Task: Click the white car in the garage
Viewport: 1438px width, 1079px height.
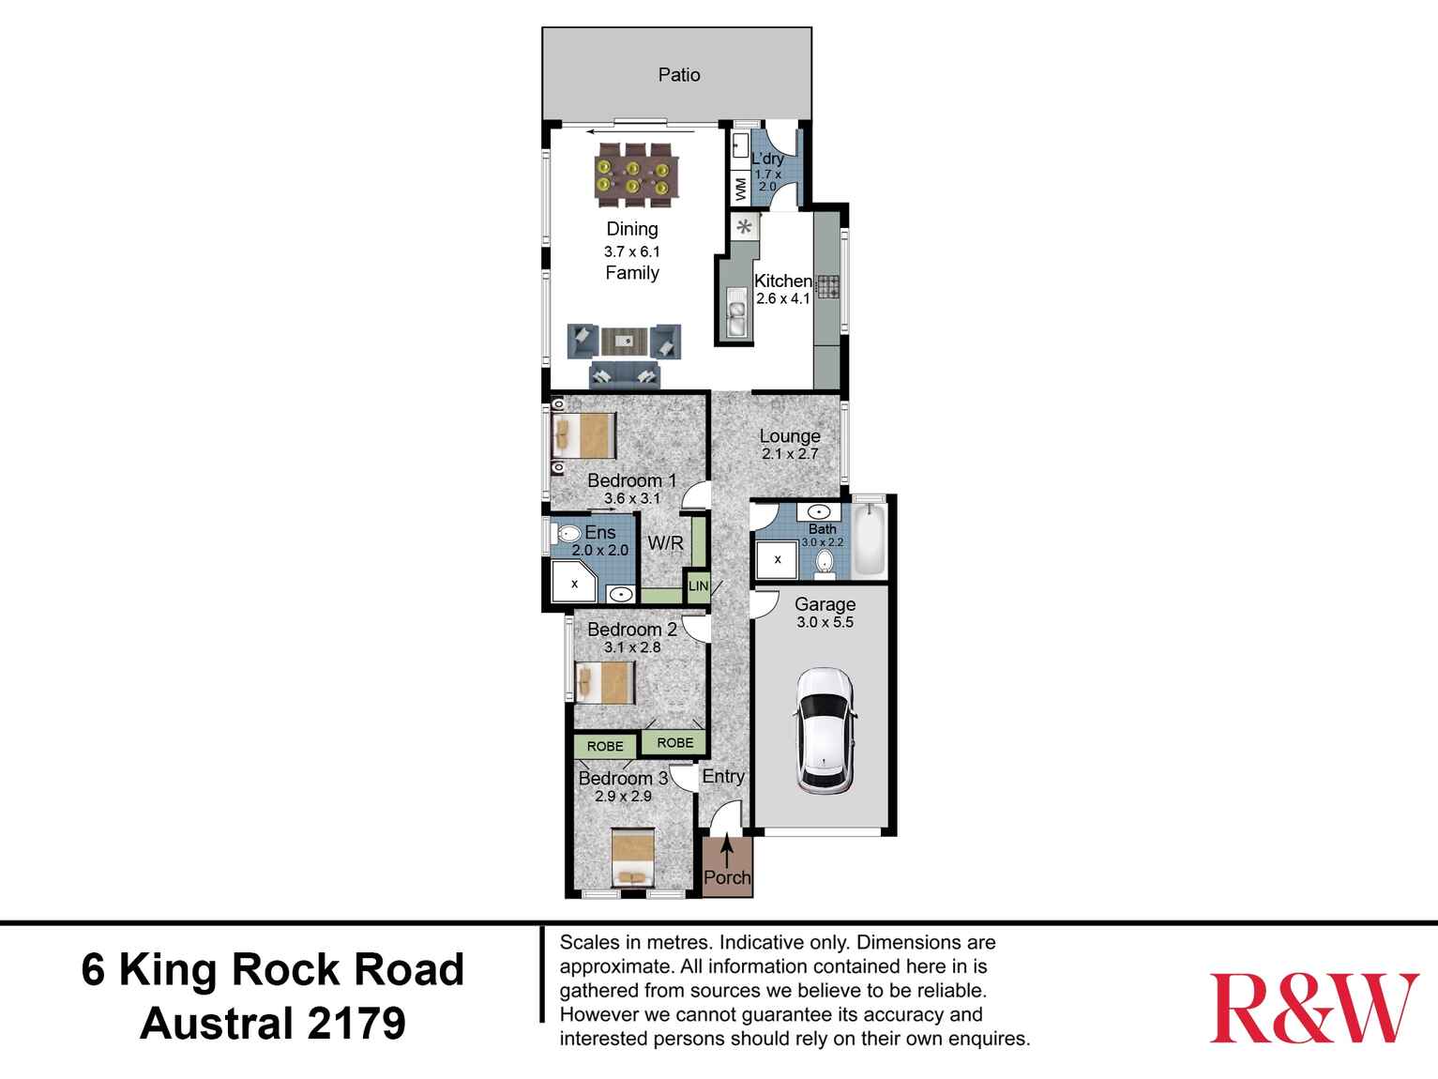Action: [x=825, y=731]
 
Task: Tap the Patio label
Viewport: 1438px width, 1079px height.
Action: [x=678, y=75]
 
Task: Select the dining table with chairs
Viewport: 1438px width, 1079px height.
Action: [x=633, y=175]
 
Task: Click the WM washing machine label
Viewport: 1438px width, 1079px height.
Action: [x=741, y=189]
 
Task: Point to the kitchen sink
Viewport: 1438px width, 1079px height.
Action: [x=735, y=312]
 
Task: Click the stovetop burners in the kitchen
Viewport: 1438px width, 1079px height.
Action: [x=827, y=286]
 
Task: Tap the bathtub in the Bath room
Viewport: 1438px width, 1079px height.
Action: [x=869, y=539]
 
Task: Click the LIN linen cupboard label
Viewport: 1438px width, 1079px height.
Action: [x=698, y=586]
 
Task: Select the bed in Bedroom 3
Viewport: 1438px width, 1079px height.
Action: [x=632, y=858]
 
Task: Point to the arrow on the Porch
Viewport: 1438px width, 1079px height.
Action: [x=727, y=853]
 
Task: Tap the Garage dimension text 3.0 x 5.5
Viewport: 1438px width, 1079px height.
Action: [x=825, y=622]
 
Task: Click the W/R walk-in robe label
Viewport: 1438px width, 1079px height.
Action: [x=665, y=544]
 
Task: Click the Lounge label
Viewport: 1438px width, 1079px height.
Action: [x=790, y=436]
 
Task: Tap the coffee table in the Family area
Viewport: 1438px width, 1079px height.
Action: [x=624, y=340]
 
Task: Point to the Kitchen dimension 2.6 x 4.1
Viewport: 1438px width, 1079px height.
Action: [x=782, y=299]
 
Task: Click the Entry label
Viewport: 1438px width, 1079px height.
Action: [x=723, y=776]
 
